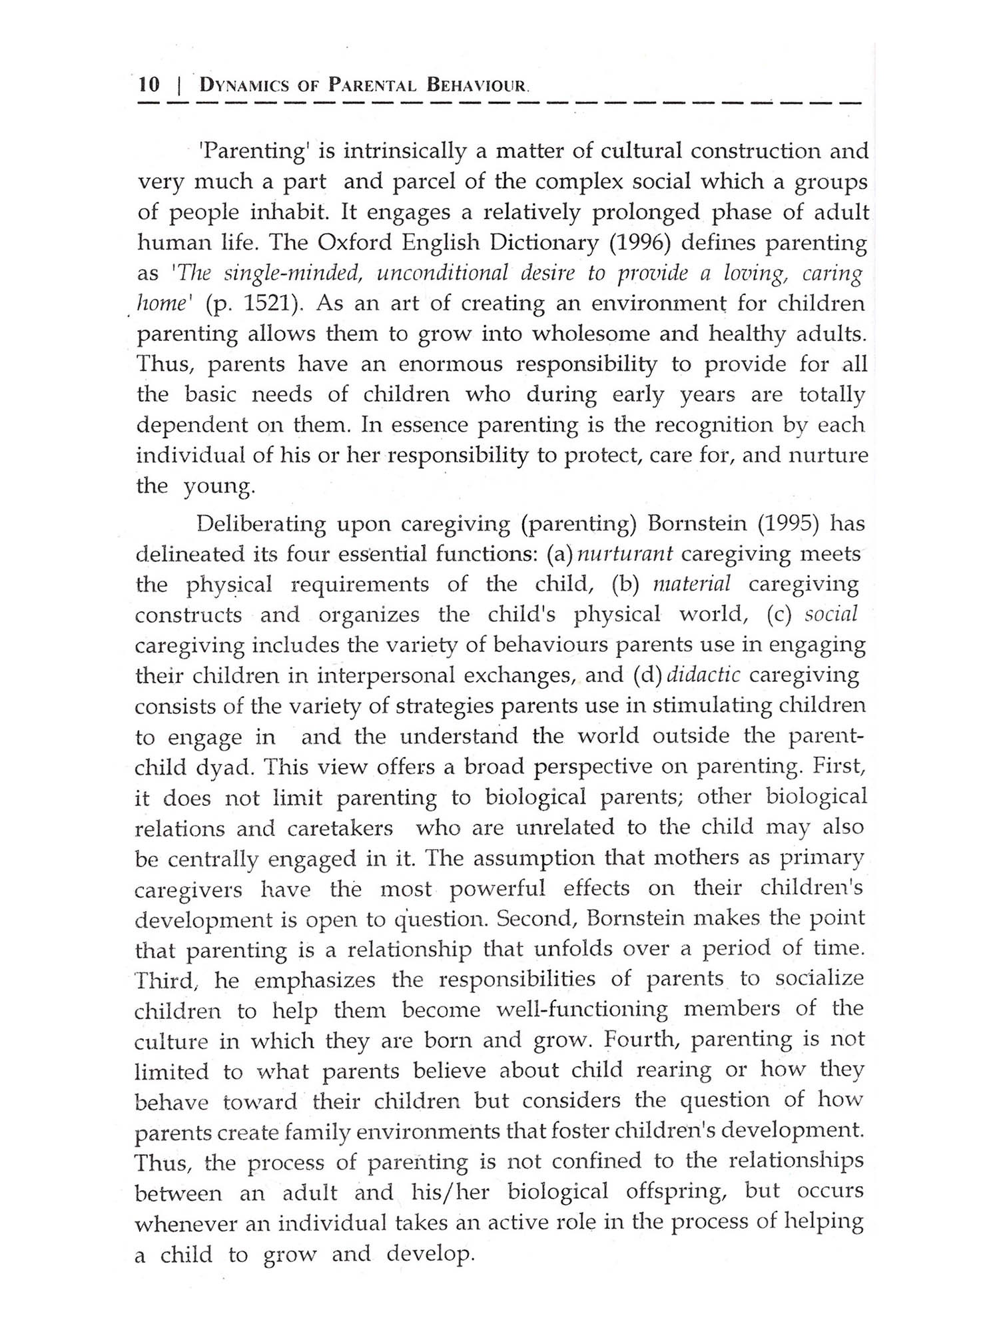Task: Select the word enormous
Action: (452, 364)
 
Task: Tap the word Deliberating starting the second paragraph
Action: (262, 523)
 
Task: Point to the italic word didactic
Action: (703, 675)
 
